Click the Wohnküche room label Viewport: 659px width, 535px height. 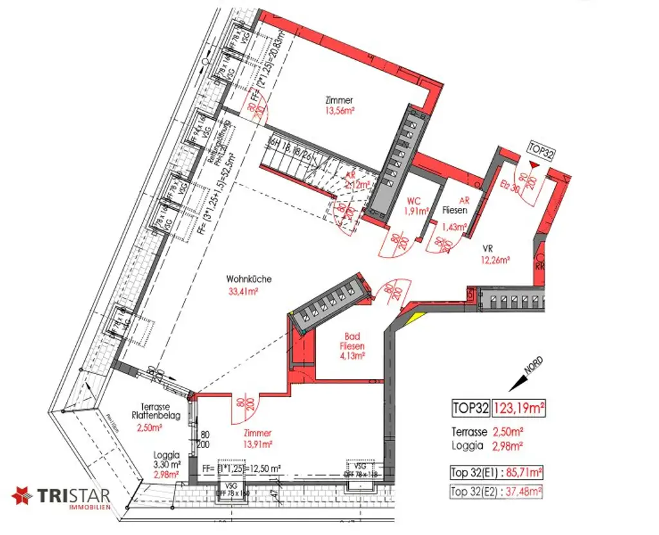pyautogui.click(x=248, y=279)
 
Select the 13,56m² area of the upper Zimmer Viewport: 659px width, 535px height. pyautogui.click(x=339, y=111)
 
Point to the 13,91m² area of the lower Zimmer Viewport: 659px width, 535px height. pyautogui.click(x=257, y=444)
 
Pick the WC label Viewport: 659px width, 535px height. pyautogui.click(x=415, y=200)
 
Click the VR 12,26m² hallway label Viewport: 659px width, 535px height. pyautogui.click(x=495, y=255)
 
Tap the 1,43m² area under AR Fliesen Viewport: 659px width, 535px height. pyautogui.click(x=454, y=226)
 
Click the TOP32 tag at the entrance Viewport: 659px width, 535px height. pyautogui.click(x=540, y=147)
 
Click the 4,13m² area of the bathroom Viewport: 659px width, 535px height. pyautogui.click(x=352, y=355)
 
